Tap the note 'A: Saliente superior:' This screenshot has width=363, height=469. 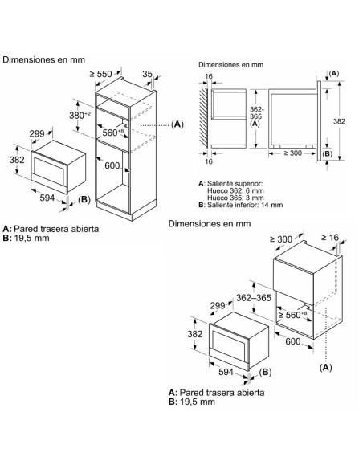tap(230, 185)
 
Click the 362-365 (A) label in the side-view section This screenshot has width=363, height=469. tap(255, 116)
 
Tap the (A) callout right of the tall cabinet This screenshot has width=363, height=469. tap(177, 124)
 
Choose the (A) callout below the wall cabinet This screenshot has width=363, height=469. tap(325, 366)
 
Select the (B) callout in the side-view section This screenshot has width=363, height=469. tap(327, 151)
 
